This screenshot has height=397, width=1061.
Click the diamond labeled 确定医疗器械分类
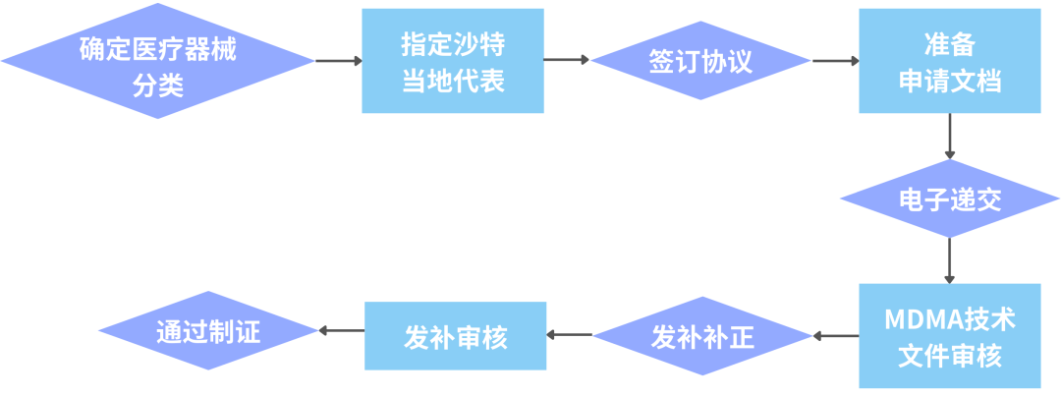[158, 61]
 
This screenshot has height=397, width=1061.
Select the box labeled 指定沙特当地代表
[453, 61]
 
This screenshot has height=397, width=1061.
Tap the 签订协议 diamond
[700, 61]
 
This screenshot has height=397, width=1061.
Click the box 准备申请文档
[950, 61]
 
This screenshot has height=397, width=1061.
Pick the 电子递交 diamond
[950, 199]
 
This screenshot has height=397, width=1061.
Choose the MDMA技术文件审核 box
[950, 336]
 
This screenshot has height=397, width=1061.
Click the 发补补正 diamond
[702, 336]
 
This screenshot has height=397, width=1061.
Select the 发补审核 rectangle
[456, 336]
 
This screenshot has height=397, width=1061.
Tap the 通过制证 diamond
[208, 331]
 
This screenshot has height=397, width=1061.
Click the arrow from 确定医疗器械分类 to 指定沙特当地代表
[339, 61]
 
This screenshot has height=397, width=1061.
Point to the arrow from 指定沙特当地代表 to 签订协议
[567, 60]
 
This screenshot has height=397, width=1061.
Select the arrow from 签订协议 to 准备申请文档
[836, 61]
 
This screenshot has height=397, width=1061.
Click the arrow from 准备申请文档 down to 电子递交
[950, 137]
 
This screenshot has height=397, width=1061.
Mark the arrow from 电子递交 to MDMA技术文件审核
[950, 260]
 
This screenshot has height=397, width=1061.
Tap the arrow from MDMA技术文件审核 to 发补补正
[836, 336]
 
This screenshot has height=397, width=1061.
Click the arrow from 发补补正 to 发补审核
[569, 335]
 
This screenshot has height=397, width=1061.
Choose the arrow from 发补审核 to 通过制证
[343, 331]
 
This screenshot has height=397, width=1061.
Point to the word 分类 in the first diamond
[158, 86]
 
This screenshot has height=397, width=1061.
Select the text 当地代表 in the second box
[453, 81]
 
